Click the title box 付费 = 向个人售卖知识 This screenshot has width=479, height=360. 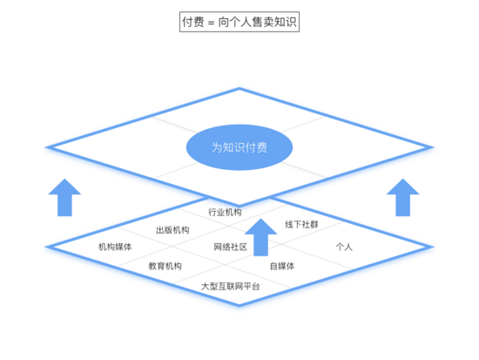point(239,22)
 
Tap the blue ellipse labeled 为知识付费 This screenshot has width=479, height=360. point(239,147)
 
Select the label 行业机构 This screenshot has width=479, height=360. point(225,212)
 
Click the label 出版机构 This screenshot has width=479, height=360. point(172,230)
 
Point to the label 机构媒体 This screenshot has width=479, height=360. point(115,247)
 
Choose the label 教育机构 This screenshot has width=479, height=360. point(165,266)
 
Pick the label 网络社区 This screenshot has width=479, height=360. point(230,247)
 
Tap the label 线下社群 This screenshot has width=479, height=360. point(301,225)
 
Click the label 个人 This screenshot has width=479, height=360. point(344,247)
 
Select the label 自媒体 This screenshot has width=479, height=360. point(282,266)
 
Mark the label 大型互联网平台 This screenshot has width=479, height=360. point(230,286)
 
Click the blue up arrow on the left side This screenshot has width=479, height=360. point(64,197)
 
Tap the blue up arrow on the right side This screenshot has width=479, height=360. point(403,197)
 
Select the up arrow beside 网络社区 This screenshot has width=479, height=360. point(260,237)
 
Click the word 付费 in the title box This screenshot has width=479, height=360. point(193,22)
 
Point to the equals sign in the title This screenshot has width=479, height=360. point(211,23)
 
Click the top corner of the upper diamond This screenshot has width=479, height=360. point(239,89)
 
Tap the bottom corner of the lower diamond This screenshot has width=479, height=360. point(239,304)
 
